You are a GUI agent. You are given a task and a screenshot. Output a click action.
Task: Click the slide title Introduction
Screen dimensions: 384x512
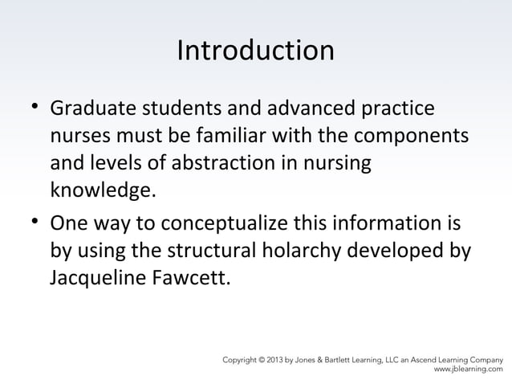coord(255,51)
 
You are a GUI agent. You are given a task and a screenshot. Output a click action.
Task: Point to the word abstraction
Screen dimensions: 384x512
coord(213,164)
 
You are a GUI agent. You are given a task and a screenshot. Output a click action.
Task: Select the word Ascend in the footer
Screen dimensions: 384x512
coord(432,359)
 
